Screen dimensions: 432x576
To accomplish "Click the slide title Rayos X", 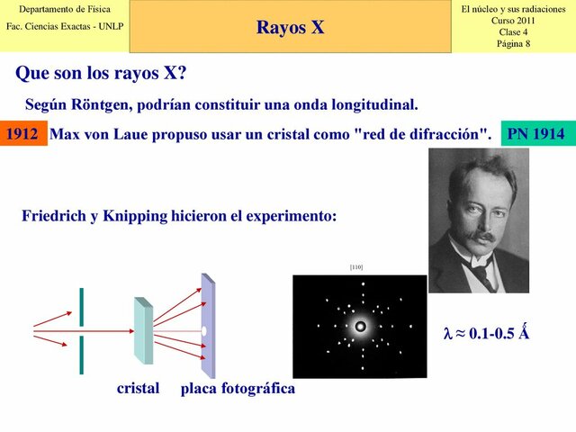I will tap(290, 27).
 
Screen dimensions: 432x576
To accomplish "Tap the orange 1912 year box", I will tap(22, 134).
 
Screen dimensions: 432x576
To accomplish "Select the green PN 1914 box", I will tap(536, 134).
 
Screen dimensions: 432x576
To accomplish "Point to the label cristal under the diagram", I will tap(138, 388).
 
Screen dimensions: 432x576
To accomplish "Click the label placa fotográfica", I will tap(238, 388).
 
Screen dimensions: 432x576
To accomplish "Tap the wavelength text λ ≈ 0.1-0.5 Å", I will tap(486, 332).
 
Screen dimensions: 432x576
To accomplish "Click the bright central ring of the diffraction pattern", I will tap(361, 326).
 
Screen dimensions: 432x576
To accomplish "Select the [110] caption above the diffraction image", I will tap(356, 267).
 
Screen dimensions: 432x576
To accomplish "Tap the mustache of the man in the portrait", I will tap(481, 237).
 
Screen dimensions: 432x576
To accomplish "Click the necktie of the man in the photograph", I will tap(483, 274).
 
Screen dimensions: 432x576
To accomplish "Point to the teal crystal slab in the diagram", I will tap(143, 330).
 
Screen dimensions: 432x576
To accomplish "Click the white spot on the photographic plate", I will tap(205, 331).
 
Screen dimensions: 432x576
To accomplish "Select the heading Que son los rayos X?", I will tap(101, 72).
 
